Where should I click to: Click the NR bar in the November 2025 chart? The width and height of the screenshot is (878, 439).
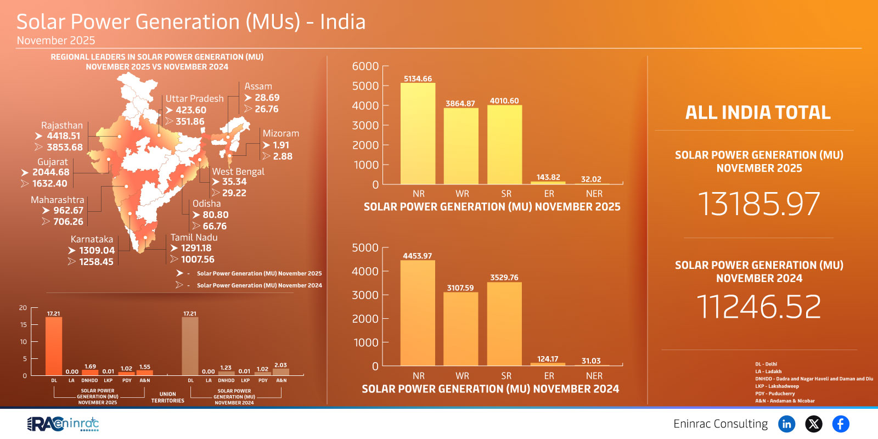click(418, 134)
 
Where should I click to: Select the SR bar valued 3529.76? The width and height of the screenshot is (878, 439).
click(504, 324)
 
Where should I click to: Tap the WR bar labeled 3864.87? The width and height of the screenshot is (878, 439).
click(461, 146)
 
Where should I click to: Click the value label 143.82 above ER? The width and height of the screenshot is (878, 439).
click(548, 177)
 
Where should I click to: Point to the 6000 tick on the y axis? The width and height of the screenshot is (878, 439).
click(365, 66)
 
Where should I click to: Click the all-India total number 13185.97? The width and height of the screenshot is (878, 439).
click(758, 204)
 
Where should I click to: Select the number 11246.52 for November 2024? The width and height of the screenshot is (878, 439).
click(758, 306)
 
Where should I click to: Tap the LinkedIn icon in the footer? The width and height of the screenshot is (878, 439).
click(786, 424)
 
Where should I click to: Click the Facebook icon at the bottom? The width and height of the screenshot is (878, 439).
click(840, 424)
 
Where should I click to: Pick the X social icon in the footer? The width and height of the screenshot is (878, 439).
click(813, 424)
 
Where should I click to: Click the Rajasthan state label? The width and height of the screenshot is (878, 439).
click(61, 125)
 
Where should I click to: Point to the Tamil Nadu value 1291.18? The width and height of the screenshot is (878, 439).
click(196, 248)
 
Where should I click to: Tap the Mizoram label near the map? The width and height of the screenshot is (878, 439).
click(280, 133)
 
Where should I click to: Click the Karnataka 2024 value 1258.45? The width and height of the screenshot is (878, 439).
click(96, 262)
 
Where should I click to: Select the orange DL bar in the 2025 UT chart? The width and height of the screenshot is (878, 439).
click(54, 346)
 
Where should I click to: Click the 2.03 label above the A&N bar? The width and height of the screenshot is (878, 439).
click(280, 365)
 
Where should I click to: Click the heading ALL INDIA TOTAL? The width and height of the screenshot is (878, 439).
click(758, 112)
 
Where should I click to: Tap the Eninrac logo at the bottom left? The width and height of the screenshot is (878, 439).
click(63, 424)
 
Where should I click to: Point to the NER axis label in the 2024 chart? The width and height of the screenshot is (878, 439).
click(594, 376)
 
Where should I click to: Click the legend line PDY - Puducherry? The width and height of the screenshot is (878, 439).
click(775, 393)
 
